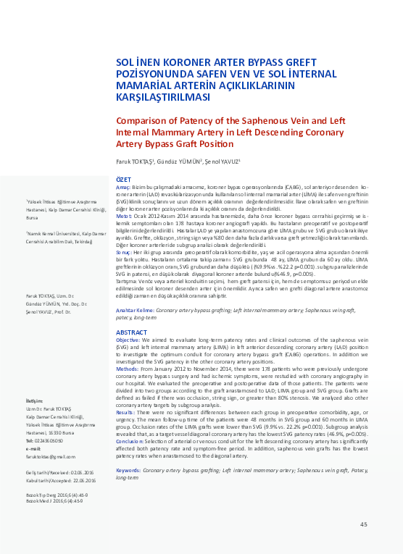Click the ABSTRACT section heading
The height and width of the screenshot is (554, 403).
click(132, 332)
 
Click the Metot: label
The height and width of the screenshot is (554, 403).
click(125, 215)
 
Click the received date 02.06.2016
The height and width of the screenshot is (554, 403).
click(78, 450)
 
